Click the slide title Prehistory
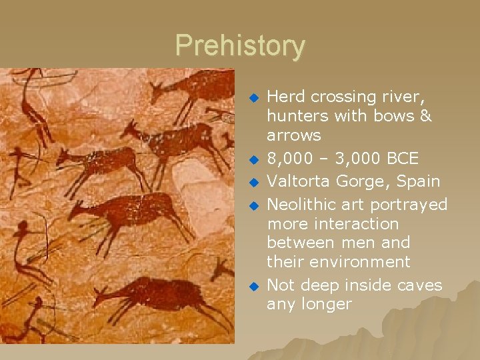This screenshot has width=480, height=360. [x=240, y=46]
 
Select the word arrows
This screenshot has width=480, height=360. [x=294, y=135]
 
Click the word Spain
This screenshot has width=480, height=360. [x=417, y=181]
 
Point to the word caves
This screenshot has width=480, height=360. [x=418, y=285]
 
